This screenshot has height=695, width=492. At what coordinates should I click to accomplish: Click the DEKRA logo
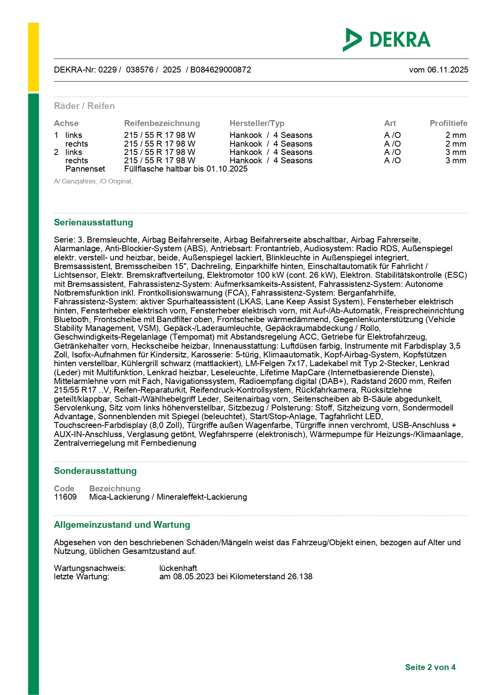point(387,40)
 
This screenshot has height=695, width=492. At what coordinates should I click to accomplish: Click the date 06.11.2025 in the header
point(448,70)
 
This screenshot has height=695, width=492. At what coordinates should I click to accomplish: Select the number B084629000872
point(220,70)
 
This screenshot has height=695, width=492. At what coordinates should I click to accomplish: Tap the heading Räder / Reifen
point(84,106)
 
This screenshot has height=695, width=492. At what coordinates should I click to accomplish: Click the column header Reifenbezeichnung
point(162,123)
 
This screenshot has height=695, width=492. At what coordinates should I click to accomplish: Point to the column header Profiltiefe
point(448,123)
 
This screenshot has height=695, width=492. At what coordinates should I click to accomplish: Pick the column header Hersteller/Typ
point(257,123)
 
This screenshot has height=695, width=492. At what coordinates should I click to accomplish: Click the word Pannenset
point(85,169)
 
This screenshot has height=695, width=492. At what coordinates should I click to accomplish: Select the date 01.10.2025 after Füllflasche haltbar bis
point(227,169)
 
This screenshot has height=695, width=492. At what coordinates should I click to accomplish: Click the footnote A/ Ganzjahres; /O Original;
point(94,181)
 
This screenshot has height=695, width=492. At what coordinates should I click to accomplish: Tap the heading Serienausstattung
point(94,222)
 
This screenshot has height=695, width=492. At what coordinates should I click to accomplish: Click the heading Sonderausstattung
point(95,471)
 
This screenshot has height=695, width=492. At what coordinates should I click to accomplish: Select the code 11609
point(65,497)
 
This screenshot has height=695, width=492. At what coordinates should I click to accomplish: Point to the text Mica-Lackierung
point(119,497)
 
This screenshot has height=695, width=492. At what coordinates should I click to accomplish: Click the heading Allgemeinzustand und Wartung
point(122,525)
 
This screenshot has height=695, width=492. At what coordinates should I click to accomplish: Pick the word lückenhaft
point(178,568)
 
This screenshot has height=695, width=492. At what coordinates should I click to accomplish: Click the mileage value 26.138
point(300,577)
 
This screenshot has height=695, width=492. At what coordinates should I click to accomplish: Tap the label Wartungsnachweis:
point(90,568)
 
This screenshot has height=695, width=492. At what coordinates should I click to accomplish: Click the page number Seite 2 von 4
point(430,667)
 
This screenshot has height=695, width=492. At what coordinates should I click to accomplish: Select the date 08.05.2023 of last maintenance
point(194,577)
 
